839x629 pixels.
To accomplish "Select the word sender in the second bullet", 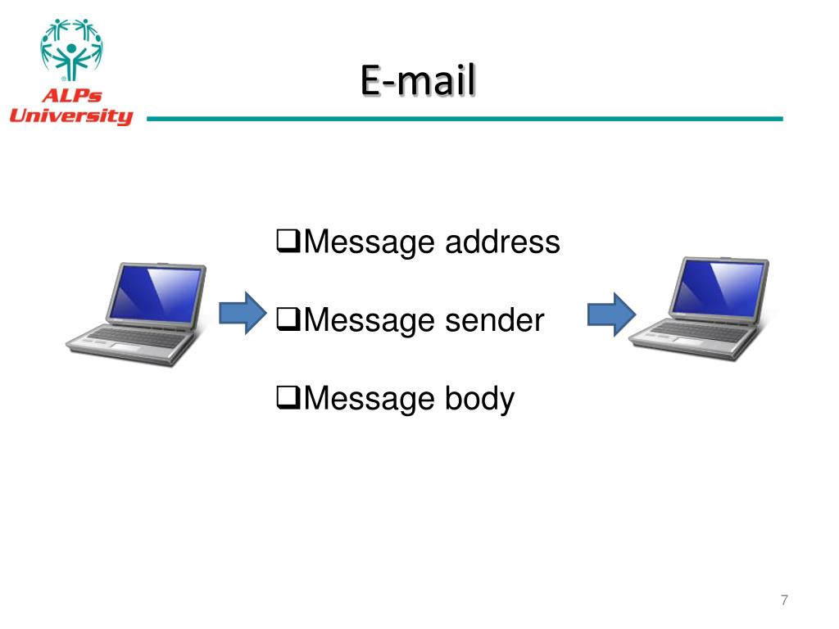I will tap(494, 320).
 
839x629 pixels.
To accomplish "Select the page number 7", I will tap(784, 600).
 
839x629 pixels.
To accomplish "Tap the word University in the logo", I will tap(70, 116).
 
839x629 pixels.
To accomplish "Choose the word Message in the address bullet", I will tap(370, 242).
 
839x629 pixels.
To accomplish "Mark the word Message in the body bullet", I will tap(370, 399).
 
